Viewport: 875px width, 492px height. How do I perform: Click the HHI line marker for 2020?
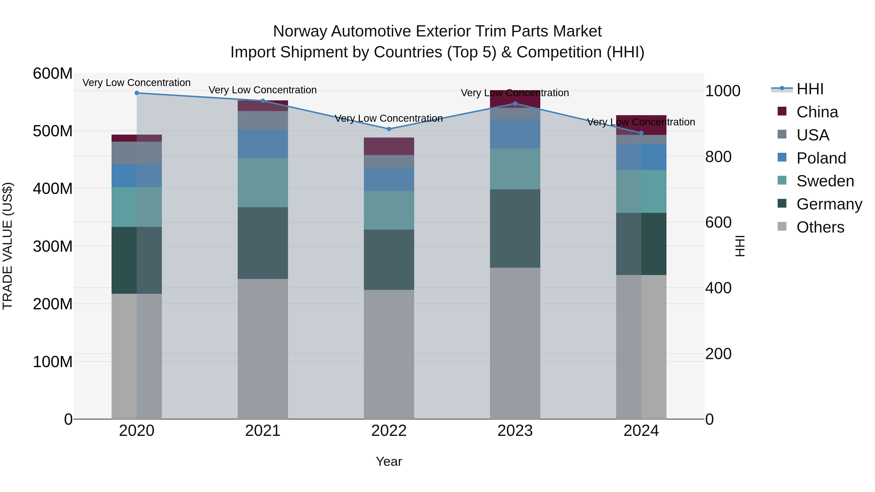[137, 93]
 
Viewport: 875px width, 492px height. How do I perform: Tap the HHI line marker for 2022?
[389, 129]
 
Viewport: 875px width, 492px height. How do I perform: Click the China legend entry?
[817, 112]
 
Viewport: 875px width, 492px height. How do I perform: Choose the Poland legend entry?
[821, 158]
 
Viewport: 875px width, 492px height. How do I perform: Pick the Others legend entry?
[820, 227]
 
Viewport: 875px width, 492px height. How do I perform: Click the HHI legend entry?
[810, 89]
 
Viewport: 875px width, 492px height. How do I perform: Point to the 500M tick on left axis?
[53, 131]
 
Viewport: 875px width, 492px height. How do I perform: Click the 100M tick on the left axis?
[53, 362]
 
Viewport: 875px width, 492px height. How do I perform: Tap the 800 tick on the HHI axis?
[718, 157]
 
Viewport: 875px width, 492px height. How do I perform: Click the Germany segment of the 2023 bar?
[515, 229]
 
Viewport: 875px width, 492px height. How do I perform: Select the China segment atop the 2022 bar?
[389, 146]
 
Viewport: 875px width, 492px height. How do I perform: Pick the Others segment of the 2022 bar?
[389, 354]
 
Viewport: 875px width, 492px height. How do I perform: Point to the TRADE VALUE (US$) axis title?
[8, 246]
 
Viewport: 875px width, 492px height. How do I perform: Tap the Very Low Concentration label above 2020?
[137, 83]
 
